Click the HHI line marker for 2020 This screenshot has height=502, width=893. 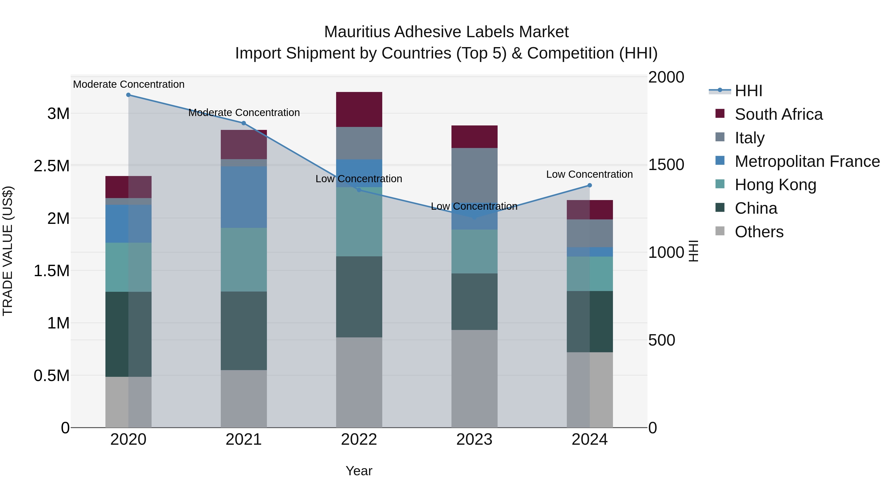coord(128,95)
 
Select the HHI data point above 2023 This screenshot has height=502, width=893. coord(474,218)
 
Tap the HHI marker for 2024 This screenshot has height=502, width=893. coord(590,185)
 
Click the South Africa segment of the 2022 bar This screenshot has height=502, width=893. coord(359,110)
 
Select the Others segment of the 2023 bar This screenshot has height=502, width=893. coord(474,378)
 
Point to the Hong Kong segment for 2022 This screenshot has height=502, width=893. coord(359,222)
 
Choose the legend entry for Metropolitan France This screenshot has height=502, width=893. coord(807,161)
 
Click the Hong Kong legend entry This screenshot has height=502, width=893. coord(775,185)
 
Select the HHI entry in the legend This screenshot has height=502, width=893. coord(748,91)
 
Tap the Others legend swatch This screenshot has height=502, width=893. coord(720,231)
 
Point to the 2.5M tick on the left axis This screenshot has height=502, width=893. coord(52,166)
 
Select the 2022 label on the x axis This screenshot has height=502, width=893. coord(359,440)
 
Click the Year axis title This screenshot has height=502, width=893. coord(359,471)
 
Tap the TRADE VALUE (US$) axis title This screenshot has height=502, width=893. coord(8,251)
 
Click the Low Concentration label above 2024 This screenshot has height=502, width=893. coord(589,174)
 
